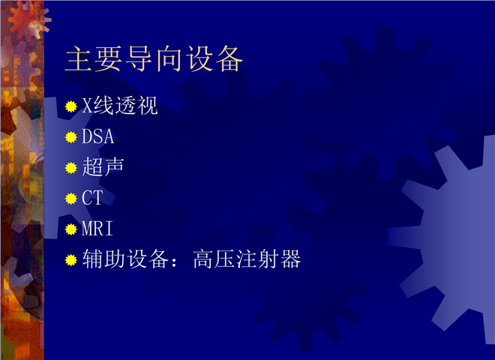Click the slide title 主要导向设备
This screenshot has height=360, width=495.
click(154, 58)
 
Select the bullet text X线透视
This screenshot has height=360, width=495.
click(120, 106)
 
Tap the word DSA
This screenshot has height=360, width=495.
click(97, 136)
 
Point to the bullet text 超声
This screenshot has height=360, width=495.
click(103, 166)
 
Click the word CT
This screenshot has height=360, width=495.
click(92, 198)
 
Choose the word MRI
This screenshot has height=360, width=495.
click(97, 228)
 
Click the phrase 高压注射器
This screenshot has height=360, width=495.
click(247, 259)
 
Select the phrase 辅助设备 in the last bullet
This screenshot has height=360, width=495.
click(125, 259)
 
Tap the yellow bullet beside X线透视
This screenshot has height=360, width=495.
click(71, 106)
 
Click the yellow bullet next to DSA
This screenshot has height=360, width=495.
click(71, 137)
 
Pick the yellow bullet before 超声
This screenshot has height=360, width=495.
click(71, 168)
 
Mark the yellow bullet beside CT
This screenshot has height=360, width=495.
click(71, 199)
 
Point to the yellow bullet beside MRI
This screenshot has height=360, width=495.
click(71, 229)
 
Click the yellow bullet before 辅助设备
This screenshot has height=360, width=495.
click(71, 260)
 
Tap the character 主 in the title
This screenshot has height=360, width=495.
click(78, 58)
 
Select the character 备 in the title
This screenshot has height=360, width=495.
click(229, 58)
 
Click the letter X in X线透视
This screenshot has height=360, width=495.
click(87, 106)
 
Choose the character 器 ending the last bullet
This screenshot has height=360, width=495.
click(290, 259)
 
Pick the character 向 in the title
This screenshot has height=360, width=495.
click(169, 58)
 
